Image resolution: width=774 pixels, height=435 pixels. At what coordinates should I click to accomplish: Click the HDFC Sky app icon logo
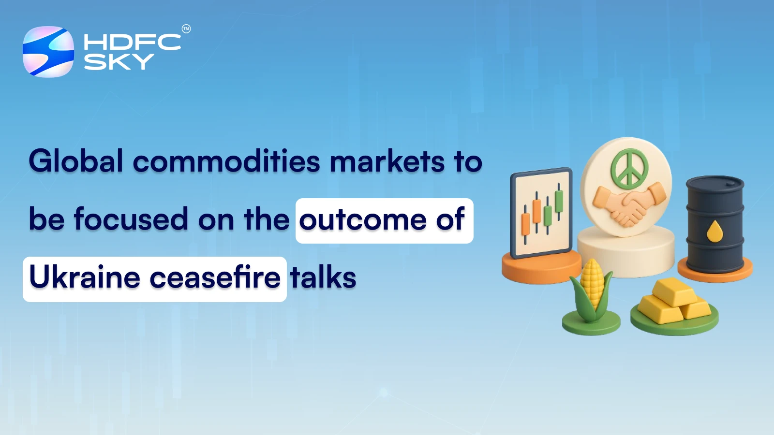(48, 52)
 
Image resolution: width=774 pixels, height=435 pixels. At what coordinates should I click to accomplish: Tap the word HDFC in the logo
(132, 42)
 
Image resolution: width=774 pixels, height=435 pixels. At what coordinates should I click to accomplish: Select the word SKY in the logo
(119, 62)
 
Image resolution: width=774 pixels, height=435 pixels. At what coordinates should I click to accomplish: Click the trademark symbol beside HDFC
(186, 29)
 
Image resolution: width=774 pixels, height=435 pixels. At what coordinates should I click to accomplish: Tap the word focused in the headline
(131, 219)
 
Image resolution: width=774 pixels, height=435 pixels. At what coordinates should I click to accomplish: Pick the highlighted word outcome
(363, 220)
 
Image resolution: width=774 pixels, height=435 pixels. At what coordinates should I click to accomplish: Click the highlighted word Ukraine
(85, 278)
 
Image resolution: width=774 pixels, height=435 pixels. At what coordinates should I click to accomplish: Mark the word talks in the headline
(323, 278)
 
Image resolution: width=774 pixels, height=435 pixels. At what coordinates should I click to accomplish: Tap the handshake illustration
(629, 203)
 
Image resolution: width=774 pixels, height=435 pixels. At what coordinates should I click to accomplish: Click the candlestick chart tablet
(541, 213)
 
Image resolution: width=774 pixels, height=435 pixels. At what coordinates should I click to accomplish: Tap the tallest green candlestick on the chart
(559, 201)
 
